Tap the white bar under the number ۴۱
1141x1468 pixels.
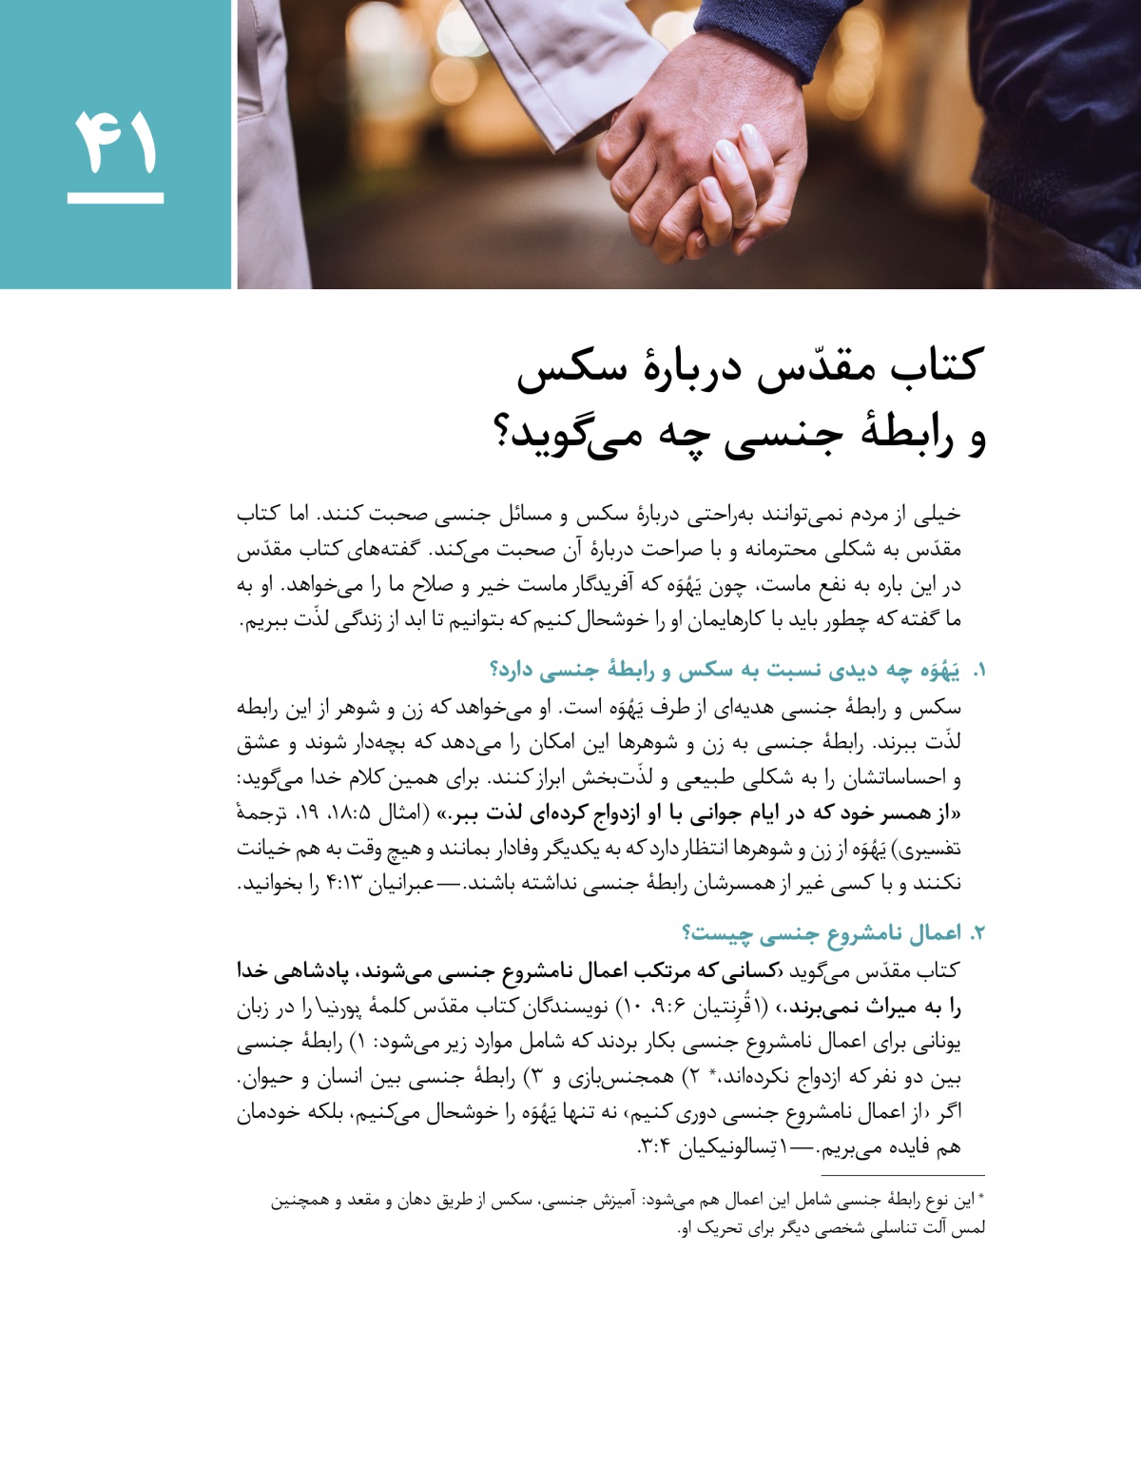pyautogui.click(x=115, y=198)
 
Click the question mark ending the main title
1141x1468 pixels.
pyautogui.click(x=504, y=438)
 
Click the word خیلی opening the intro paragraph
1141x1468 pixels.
pyautogui.click(x=937, y=515)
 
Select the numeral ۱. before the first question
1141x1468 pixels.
pyautogui.click(x=977, y=672)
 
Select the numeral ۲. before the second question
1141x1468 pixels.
pyautogui.click(x=977, y=934)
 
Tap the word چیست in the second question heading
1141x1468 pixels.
pyautogui.click(x=725, y=934)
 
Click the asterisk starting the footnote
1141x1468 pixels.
pyautogui.click(x=981, y=1199)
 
